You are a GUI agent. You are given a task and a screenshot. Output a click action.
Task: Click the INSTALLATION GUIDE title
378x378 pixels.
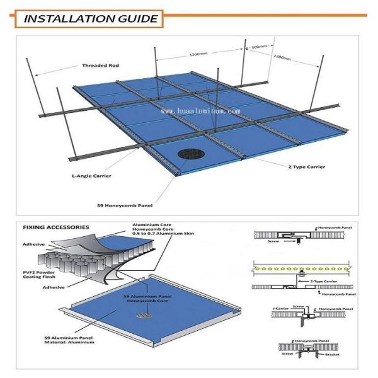click(91, 18)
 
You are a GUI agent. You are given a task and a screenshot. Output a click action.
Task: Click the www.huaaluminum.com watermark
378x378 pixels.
click(201, 111)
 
